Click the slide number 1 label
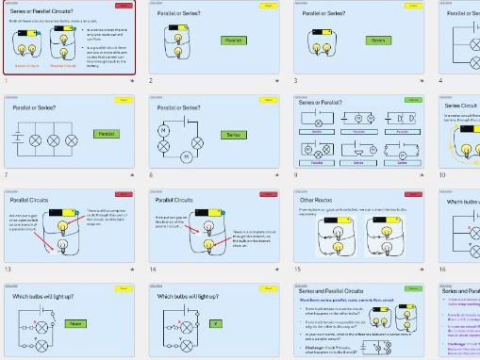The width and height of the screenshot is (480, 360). (x=7, y=81)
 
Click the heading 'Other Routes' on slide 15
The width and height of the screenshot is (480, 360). (x=315, y=201)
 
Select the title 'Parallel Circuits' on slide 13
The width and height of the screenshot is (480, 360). (x=29, y=201)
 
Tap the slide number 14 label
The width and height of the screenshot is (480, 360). (x=152, y=270)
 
